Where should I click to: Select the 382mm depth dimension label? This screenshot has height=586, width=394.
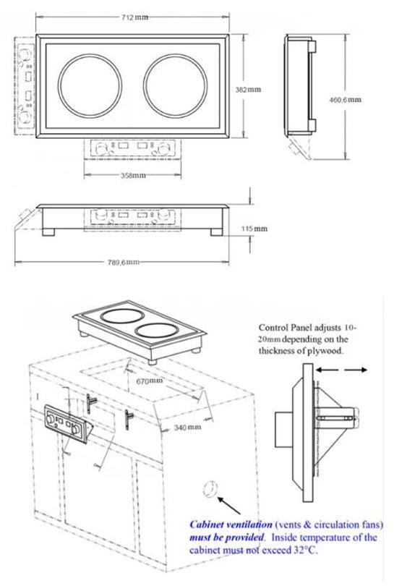coord(249,89)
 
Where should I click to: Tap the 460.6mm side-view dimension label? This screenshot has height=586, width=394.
coord(345,99)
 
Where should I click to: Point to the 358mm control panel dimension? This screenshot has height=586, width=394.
coord(132,176)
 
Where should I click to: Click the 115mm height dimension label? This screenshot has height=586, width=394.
coord(254,229)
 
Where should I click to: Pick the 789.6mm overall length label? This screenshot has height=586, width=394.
coord(122,262)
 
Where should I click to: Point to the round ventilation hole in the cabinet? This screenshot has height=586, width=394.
coord(210,489)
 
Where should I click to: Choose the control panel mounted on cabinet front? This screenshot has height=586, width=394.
coord(64,420)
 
